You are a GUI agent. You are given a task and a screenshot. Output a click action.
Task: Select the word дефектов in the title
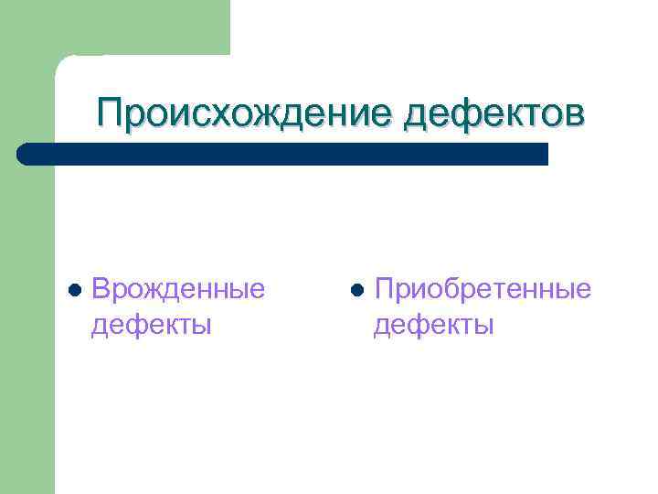point(493,114)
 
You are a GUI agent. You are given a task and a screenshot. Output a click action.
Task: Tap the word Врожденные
point(178,289)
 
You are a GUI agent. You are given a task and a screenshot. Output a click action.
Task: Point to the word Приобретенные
point(483,289)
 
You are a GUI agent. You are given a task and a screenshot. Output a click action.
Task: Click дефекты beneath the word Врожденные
point(152,324)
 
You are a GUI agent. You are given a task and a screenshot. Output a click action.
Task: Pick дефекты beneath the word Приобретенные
point(434,324)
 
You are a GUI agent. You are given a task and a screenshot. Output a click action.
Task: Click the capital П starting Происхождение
point(111,114)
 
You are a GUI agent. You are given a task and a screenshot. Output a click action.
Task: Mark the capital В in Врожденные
point(101,289)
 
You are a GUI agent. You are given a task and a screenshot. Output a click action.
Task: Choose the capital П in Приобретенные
point(384,289)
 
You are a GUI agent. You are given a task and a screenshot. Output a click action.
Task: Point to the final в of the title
point(570,115)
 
